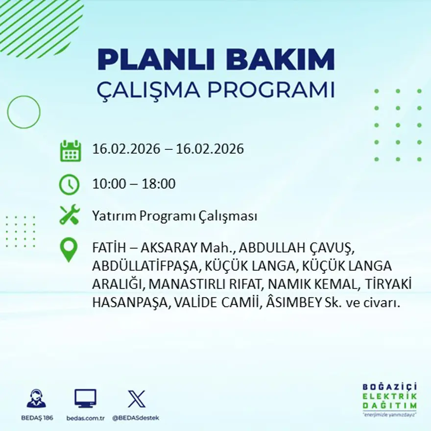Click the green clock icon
[69, 184]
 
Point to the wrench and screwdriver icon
[69, 215]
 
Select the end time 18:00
[159, 184]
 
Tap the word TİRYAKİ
[385, 285]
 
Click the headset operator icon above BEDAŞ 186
[37, 399]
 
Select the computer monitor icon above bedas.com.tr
[85, 399]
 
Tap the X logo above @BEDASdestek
[136, 399]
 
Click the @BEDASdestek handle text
[136, 418]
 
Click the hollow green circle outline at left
[24, 112]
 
